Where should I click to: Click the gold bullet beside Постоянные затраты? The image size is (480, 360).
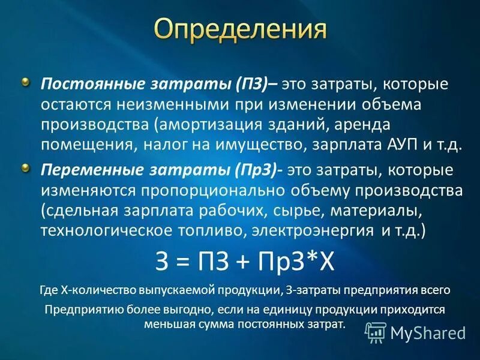(25, 82)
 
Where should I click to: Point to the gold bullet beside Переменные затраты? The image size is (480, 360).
(25, 167)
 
